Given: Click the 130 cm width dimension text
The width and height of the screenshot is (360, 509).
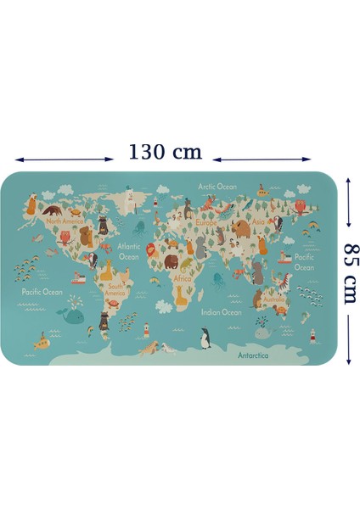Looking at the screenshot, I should tap(166, 153).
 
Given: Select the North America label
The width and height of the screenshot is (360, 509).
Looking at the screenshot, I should tap(65, 221).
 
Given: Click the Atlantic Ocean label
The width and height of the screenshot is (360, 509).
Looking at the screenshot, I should tap(128, 252).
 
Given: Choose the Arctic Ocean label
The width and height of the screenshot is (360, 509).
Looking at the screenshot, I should tap(217, 187).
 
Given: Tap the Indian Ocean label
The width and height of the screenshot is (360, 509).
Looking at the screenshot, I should tap(221, 312).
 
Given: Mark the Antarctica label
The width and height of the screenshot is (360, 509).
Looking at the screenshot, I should tap(253, 355).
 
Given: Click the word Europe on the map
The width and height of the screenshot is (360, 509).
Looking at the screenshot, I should tap(206, 223).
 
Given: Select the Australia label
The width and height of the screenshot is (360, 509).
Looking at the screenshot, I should tap(274, 299).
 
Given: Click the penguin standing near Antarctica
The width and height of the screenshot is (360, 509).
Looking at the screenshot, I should tap(205, 340).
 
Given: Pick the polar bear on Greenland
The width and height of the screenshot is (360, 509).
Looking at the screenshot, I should tap(129, 201).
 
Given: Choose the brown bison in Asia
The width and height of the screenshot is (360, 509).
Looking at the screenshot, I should tap(240, 228).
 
